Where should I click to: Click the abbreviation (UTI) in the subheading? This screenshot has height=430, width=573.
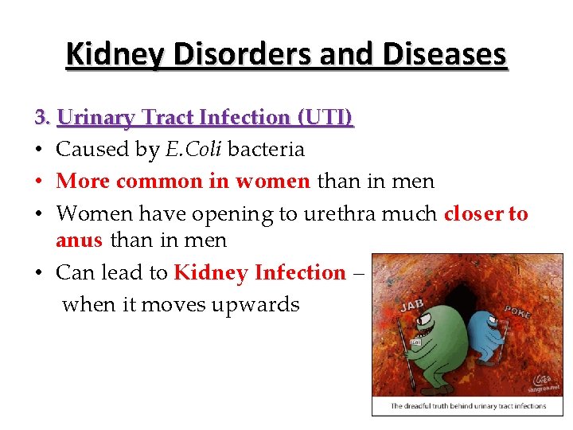click(x=325, y=118)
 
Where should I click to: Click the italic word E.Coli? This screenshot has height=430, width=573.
click(x=193, y=150)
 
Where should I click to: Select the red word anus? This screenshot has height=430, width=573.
click(x=79, y=240)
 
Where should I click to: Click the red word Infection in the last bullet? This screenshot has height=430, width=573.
click(x=299, y=272)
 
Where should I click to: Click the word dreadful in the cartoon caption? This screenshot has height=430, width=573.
click(x=427, y=406)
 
